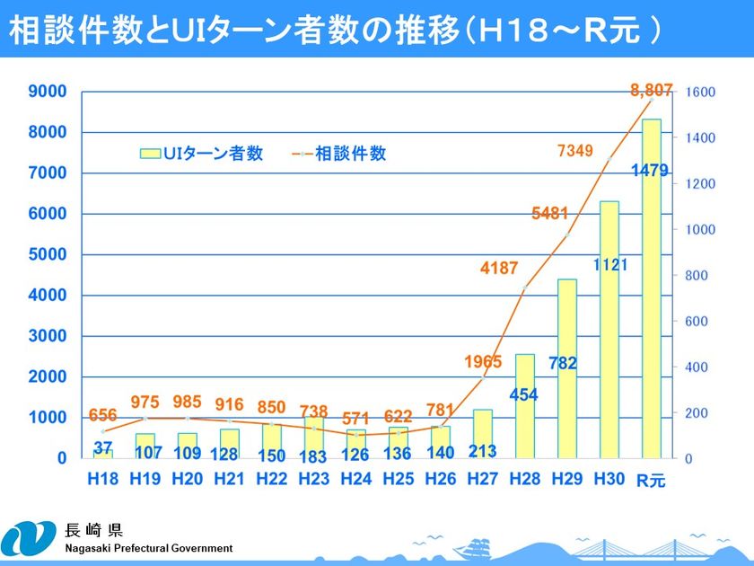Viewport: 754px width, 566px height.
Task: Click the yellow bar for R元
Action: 651,287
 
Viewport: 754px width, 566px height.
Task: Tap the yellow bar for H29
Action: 567,368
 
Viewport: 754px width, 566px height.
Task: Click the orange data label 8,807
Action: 652,89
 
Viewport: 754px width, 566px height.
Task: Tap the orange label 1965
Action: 483,362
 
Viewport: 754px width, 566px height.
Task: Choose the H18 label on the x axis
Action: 103,479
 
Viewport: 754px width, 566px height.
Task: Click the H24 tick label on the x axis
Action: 356,479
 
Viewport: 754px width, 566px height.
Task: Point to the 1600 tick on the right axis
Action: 700,93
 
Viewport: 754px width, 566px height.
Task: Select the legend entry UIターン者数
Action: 202,154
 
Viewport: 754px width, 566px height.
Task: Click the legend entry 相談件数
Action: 341,154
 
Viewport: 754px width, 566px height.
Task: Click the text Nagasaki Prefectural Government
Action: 148,548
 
